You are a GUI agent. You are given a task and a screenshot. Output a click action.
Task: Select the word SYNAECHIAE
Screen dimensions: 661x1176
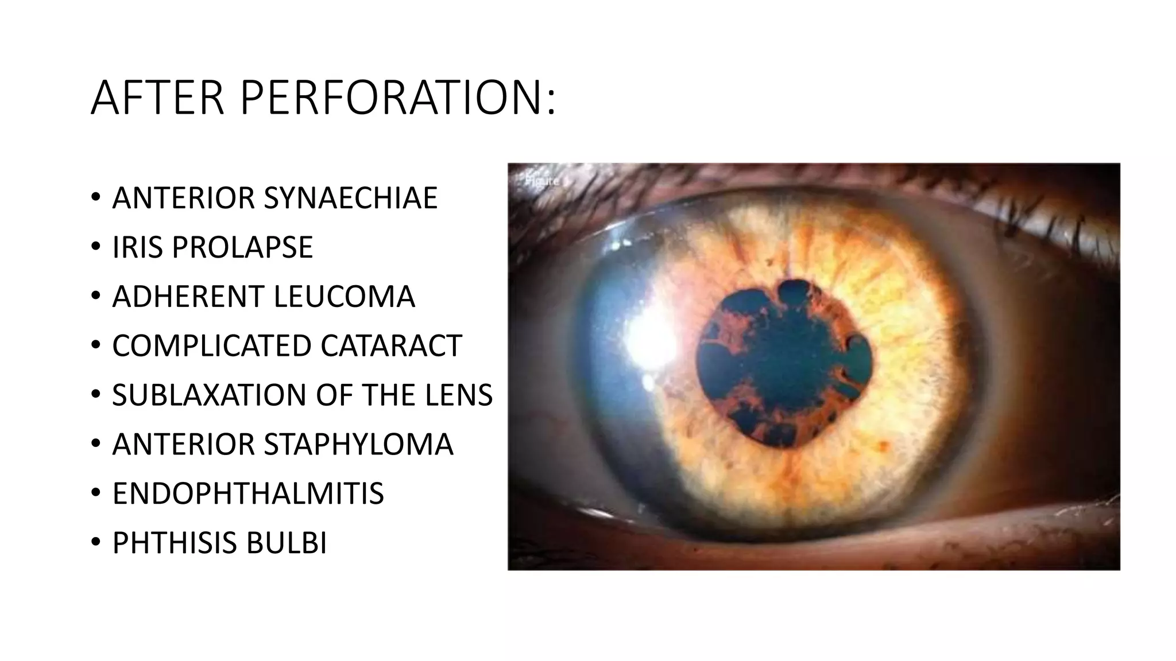350,198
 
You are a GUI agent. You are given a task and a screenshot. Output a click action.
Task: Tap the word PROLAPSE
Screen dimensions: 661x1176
242,247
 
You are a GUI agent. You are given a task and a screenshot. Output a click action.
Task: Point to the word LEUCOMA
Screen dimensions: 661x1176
344,297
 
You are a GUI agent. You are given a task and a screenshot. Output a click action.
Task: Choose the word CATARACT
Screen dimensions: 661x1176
391,346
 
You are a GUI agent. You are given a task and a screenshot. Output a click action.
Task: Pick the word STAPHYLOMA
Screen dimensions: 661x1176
358,445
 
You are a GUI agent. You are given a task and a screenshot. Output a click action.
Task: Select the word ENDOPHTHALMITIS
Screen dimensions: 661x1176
248,494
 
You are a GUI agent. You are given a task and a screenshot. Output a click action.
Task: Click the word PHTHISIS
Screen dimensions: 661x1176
175,543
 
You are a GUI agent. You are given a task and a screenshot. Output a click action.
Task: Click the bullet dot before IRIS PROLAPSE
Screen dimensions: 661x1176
95,248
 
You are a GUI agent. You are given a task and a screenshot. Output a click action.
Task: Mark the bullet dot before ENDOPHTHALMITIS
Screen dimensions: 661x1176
95,495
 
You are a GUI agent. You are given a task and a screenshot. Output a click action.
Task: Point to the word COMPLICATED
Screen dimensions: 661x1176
212,346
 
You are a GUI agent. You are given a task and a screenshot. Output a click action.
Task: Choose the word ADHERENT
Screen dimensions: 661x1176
188,297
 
